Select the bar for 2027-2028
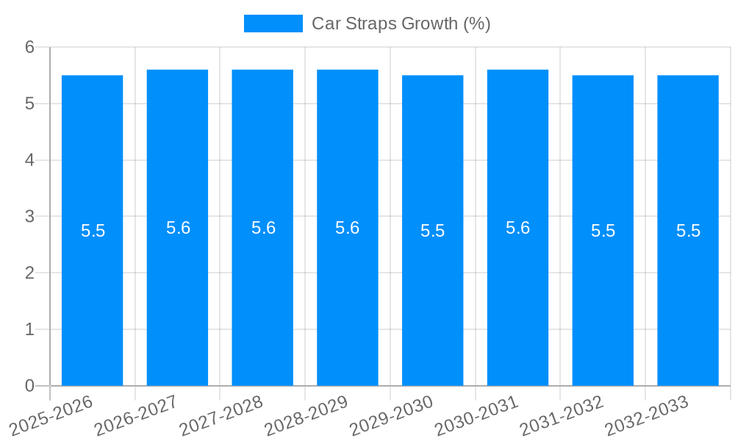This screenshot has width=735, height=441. click(262, 294)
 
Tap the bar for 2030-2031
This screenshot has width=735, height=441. click(517, 294)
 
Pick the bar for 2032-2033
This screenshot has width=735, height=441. click(688, 294)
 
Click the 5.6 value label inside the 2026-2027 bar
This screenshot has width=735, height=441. click(178, 228)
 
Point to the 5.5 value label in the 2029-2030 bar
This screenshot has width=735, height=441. click(432, 231)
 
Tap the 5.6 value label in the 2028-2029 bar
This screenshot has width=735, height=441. click(347, 228)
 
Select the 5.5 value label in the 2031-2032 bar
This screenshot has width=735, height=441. click(603, 231)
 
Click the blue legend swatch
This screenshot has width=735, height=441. click(273, 24)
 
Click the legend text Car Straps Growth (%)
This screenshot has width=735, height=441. click(401, 24)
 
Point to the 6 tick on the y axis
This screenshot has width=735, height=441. click(29, 47)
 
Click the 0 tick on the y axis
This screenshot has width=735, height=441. click(29, 386)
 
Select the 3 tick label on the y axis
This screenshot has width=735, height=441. click(29, 217)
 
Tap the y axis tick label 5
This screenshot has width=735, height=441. click(29, 104)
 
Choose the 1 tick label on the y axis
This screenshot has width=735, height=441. click(29, 329)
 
